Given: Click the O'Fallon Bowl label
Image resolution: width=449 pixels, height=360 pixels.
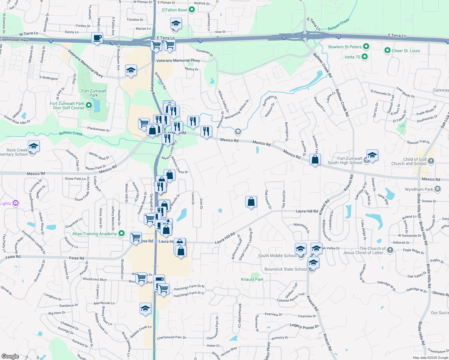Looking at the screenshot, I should (174, 10).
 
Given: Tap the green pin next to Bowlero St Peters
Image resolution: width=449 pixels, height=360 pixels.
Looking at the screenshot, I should (366, 46).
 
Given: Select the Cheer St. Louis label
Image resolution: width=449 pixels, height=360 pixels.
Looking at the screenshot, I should (406, 51).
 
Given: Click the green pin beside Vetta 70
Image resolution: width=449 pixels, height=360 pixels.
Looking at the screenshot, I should (365, 56).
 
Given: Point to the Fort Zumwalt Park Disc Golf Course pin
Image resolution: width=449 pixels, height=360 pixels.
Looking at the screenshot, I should (89, 105).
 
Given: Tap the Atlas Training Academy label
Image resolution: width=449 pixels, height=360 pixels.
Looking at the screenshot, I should (95, 234).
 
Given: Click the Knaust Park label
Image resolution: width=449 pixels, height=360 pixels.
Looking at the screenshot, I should (252, 279).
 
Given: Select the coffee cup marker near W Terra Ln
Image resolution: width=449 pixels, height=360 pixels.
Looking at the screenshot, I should (97, 38).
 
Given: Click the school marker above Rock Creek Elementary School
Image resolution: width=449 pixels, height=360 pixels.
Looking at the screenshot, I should (34, 146).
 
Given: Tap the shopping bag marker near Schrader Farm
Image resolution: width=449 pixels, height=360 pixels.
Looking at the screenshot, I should (315, 159).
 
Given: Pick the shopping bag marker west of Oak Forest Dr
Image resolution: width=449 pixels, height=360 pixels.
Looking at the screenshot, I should (251, 202).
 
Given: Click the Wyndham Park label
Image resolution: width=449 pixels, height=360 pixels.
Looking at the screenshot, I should (419, 189).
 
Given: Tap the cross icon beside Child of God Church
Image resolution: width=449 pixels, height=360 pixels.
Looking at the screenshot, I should (431, 161).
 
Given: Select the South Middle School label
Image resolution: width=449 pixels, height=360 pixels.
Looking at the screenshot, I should (277, 256).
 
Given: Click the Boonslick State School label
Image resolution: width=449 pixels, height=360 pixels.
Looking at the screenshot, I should (285, 269).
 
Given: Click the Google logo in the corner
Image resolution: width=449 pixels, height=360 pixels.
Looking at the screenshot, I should (10, 356).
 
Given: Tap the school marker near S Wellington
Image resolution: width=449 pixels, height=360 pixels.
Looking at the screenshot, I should (131, 70).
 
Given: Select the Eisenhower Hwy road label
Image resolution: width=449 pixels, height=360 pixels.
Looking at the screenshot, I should (14, 40).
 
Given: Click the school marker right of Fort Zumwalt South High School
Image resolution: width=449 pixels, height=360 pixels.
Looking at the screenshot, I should (372, 155).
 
